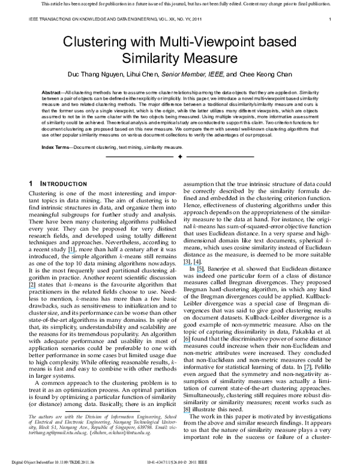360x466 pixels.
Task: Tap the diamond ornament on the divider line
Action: click(180, 157)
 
